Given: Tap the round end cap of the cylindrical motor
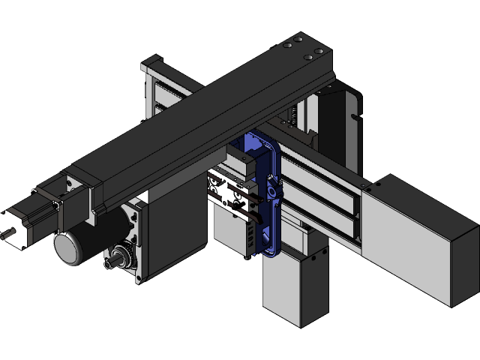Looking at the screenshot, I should tap(67, 248).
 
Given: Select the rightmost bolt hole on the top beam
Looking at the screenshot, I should tap(318, 52).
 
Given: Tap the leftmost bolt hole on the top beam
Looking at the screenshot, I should tap(286, 46).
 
